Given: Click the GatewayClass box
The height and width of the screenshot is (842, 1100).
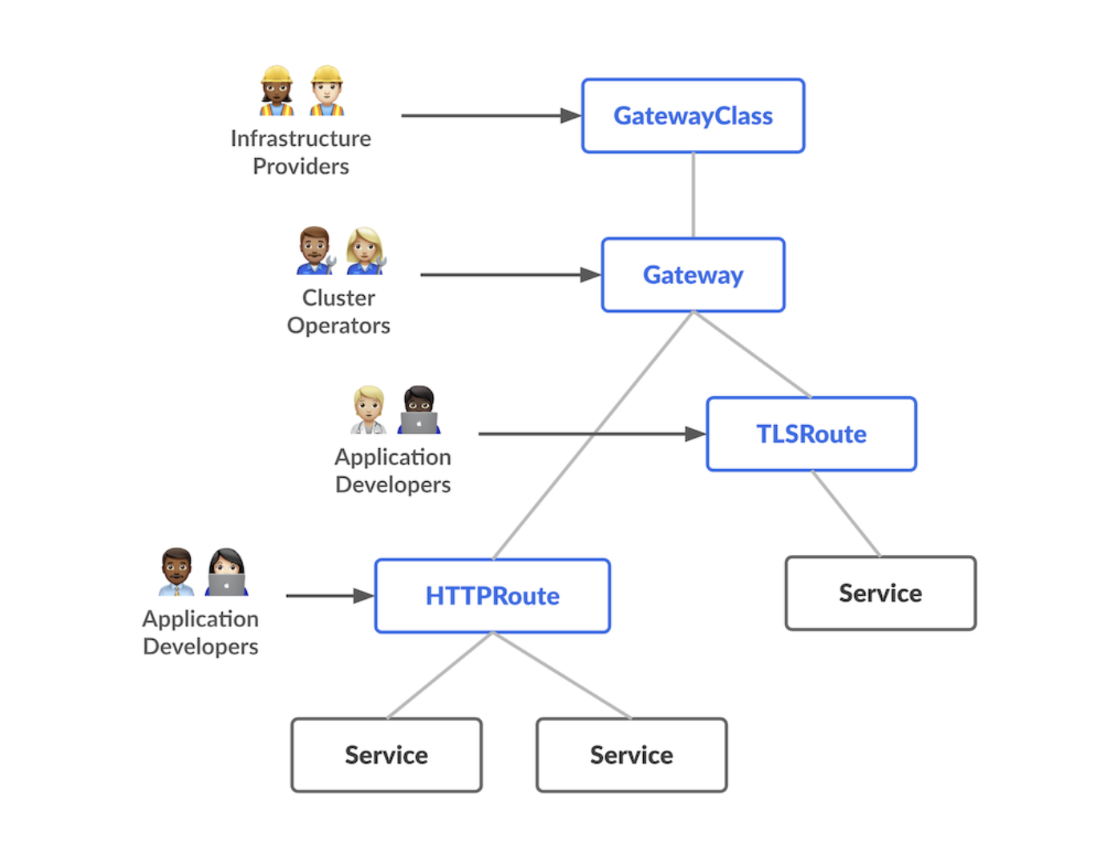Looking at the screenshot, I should click(693, 116).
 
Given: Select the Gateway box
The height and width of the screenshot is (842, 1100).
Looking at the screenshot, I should click(693, 275).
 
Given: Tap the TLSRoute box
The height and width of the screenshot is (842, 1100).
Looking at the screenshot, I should click(811, 434).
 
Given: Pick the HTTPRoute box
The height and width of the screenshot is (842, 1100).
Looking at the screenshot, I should click(492, 596).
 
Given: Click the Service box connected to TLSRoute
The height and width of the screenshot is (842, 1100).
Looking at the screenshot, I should click(880, 593).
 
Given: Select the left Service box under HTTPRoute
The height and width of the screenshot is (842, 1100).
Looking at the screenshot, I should click(386, 755).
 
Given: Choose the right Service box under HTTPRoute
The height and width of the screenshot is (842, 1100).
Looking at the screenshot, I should click(631, 755).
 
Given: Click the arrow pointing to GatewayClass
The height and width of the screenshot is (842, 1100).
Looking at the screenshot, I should click(489, 116).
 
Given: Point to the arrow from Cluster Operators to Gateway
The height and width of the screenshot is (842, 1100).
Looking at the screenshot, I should click(509, 275).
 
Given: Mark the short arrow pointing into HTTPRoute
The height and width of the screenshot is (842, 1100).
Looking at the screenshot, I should click(329, 596).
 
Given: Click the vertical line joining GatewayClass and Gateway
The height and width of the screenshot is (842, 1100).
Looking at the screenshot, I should click(694, 195).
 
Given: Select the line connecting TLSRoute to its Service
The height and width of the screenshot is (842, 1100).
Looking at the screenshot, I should click(846, 513).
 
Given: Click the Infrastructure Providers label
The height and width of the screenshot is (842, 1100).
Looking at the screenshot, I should click(301, 152).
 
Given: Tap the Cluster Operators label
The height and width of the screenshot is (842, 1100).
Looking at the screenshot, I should click(338, 311).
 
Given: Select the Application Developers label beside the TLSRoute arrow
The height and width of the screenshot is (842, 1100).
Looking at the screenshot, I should click(393, 471).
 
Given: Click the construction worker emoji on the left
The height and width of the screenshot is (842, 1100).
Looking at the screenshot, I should click(277, 91).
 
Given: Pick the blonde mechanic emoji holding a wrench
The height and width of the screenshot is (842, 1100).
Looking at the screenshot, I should click(366, 251).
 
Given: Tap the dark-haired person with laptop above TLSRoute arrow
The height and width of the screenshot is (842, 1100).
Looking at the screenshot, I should click(419, 410).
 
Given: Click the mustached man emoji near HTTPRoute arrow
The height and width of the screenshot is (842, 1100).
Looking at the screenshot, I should click(176, 572).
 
